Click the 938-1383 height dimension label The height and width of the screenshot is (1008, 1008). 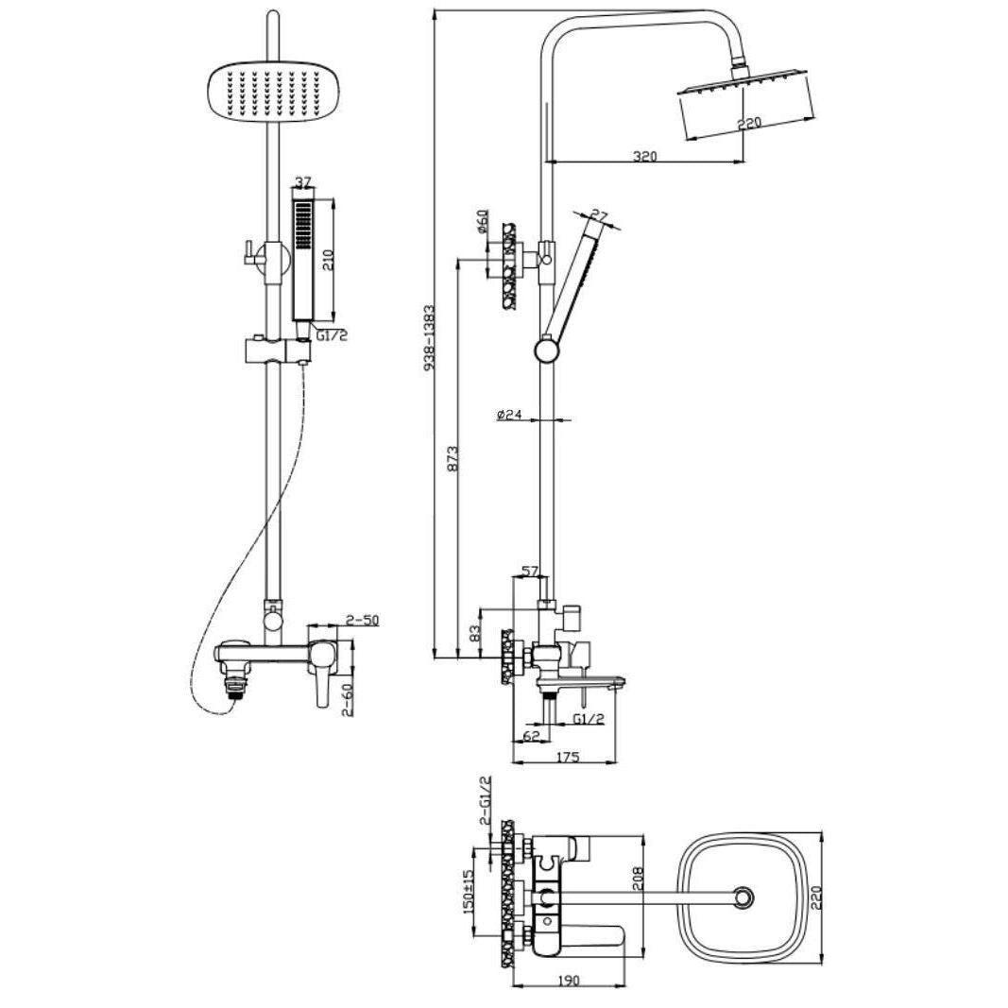click(x=430, y=337)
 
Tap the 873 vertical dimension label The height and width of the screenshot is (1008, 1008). click(x=453, y=459)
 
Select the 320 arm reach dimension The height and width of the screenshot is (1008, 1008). click(x=645, y=156)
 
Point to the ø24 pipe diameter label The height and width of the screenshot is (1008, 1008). click(x=509, y=416)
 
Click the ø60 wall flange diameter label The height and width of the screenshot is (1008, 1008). click(x=484, y=222)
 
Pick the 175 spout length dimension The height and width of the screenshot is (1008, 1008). click(x=567, y=757)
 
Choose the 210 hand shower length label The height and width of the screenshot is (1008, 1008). click(x=328, y=260)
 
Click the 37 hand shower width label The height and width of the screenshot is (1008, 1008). click(x=303, y=182)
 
